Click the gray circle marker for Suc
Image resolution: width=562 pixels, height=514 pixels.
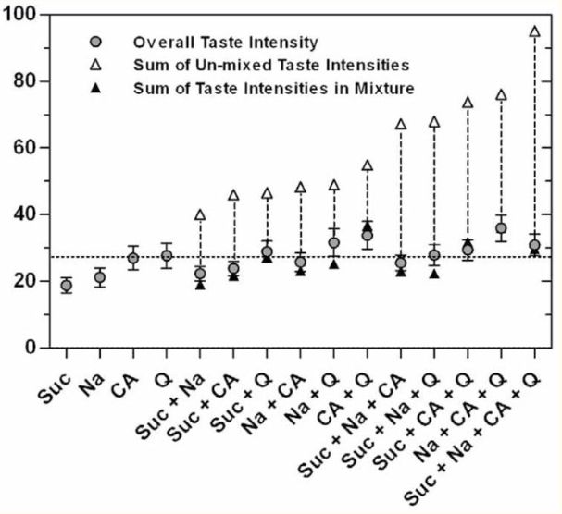tap(66, 285)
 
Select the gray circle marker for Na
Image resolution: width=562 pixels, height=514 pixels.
tap(99, 277)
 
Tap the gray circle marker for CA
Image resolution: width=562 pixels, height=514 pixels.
tap(133, 258)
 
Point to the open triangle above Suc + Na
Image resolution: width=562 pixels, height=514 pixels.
tap(200, 214)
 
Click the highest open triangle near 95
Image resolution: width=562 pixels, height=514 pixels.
tap(534, 31)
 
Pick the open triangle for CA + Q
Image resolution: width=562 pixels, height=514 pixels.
tap(368, 165)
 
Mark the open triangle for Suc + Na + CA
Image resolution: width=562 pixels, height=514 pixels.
tap(401, 124)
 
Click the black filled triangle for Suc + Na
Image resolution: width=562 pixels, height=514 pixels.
tap(200, 284)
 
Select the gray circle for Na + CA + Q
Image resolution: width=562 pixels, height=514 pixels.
tap(501, 227)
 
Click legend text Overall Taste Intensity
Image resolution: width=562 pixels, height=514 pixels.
tap(214, 43)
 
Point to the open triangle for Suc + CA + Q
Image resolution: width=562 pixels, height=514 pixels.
tap(468, 102)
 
